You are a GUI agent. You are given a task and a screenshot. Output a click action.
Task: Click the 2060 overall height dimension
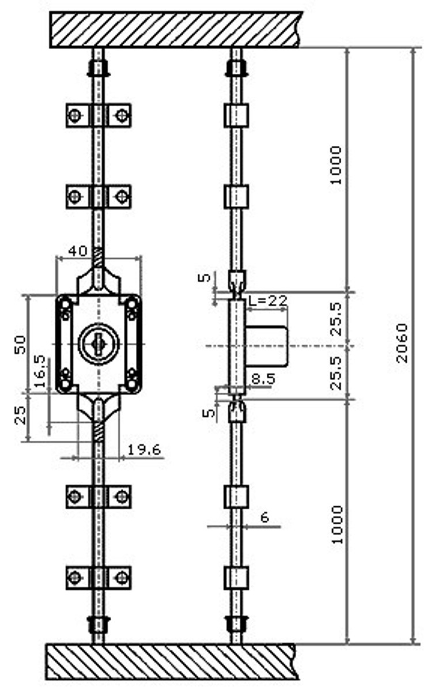click(402, 343)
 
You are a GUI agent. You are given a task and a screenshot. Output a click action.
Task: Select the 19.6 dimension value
click(144, 450)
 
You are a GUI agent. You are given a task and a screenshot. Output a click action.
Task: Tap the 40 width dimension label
click(78, 251)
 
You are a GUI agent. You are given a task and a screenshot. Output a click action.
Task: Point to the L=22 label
click(268, 300)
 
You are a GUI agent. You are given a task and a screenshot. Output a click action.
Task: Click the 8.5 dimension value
click(263, 379)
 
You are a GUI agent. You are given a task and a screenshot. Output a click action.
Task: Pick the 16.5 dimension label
click(40, 371)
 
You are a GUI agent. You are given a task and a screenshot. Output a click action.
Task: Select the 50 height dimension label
click(20, 344)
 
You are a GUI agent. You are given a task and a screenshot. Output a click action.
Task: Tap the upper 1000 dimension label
click(335, 165)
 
